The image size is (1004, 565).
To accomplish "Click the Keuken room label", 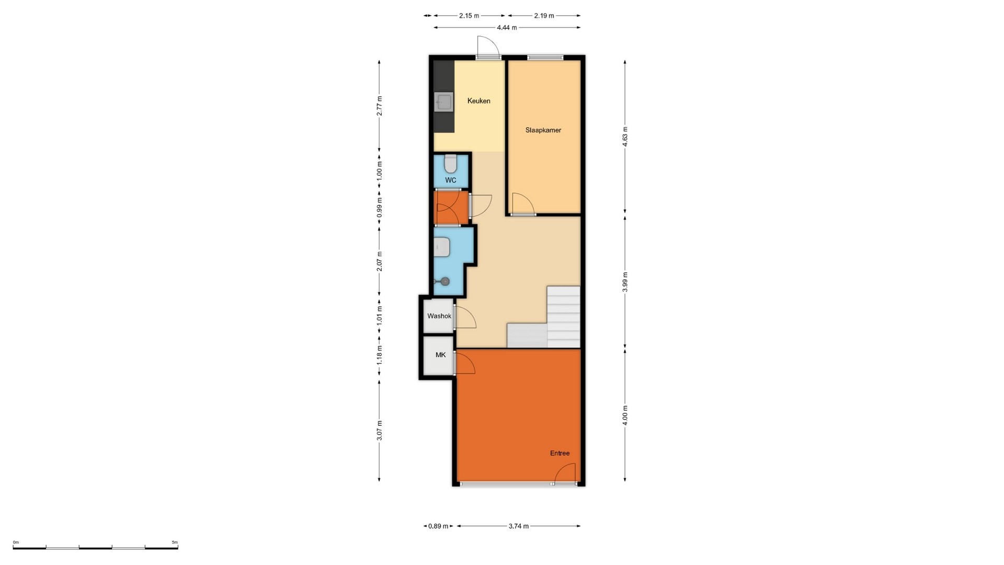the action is click(x=478, y=101).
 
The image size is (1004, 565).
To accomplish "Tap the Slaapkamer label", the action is click(x=543, y=130).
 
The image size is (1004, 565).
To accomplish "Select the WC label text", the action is click(x=450, y=180).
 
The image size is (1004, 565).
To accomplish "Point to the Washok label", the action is click(x=439, y=316).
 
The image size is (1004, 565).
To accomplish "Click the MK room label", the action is click(x=441, y=355).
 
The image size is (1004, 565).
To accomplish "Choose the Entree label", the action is click(x=560, y=453).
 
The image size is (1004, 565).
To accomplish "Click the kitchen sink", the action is click(x=444, y=103).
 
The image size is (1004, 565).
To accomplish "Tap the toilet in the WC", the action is click(x=450, y=164).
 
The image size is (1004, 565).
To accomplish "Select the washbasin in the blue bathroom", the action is click(x=442, y=247).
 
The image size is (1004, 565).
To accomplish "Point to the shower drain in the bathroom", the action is click(x=445, y=281).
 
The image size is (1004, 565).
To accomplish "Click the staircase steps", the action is click(x=544, y=317).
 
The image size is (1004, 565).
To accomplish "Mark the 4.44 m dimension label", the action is click(x=507, y=28).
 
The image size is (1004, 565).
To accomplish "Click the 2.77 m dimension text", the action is click(x=380, y=106).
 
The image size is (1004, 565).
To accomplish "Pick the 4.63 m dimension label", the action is click(x=625, y=137).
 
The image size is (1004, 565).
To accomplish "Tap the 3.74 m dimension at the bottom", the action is click(x=518, y=526).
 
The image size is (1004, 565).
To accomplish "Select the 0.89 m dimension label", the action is click(x=438, y=526).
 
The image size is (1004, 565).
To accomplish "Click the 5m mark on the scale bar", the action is click(x=175, y=543).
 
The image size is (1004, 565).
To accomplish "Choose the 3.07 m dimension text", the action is click(x=380, y=430).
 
